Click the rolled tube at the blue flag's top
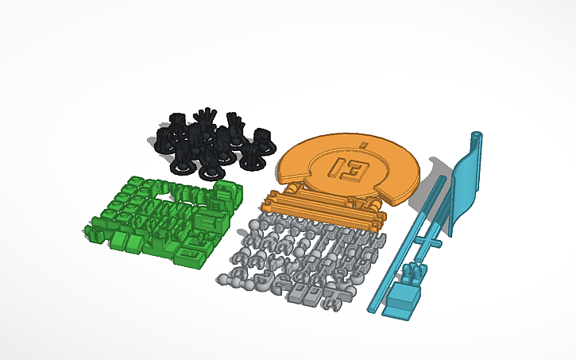[477, 141]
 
